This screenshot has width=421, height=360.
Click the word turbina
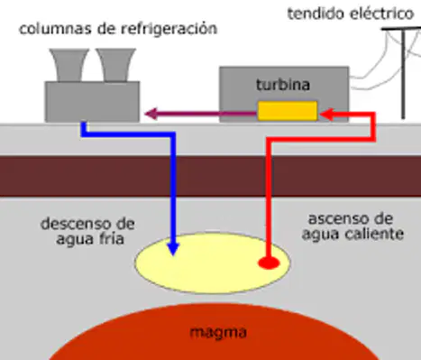coord(283,85)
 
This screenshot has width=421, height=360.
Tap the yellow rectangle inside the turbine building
coord(288,111)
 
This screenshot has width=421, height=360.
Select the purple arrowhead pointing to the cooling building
coord(151,114)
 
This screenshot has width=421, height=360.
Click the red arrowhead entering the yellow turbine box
coord(326,115)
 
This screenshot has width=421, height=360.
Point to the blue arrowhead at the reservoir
coord(173,249)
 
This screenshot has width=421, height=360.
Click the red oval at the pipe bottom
coord(269,263)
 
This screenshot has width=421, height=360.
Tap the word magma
coord(218,333)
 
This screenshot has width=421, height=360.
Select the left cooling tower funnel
coord(69,65)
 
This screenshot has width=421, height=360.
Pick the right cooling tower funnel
coord(116,65)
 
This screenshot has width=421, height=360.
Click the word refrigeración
coord(169,29)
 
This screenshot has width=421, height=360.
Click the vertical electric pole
coord(403,74)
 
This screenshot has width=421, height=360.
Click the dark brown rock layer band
coord(210,176)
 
